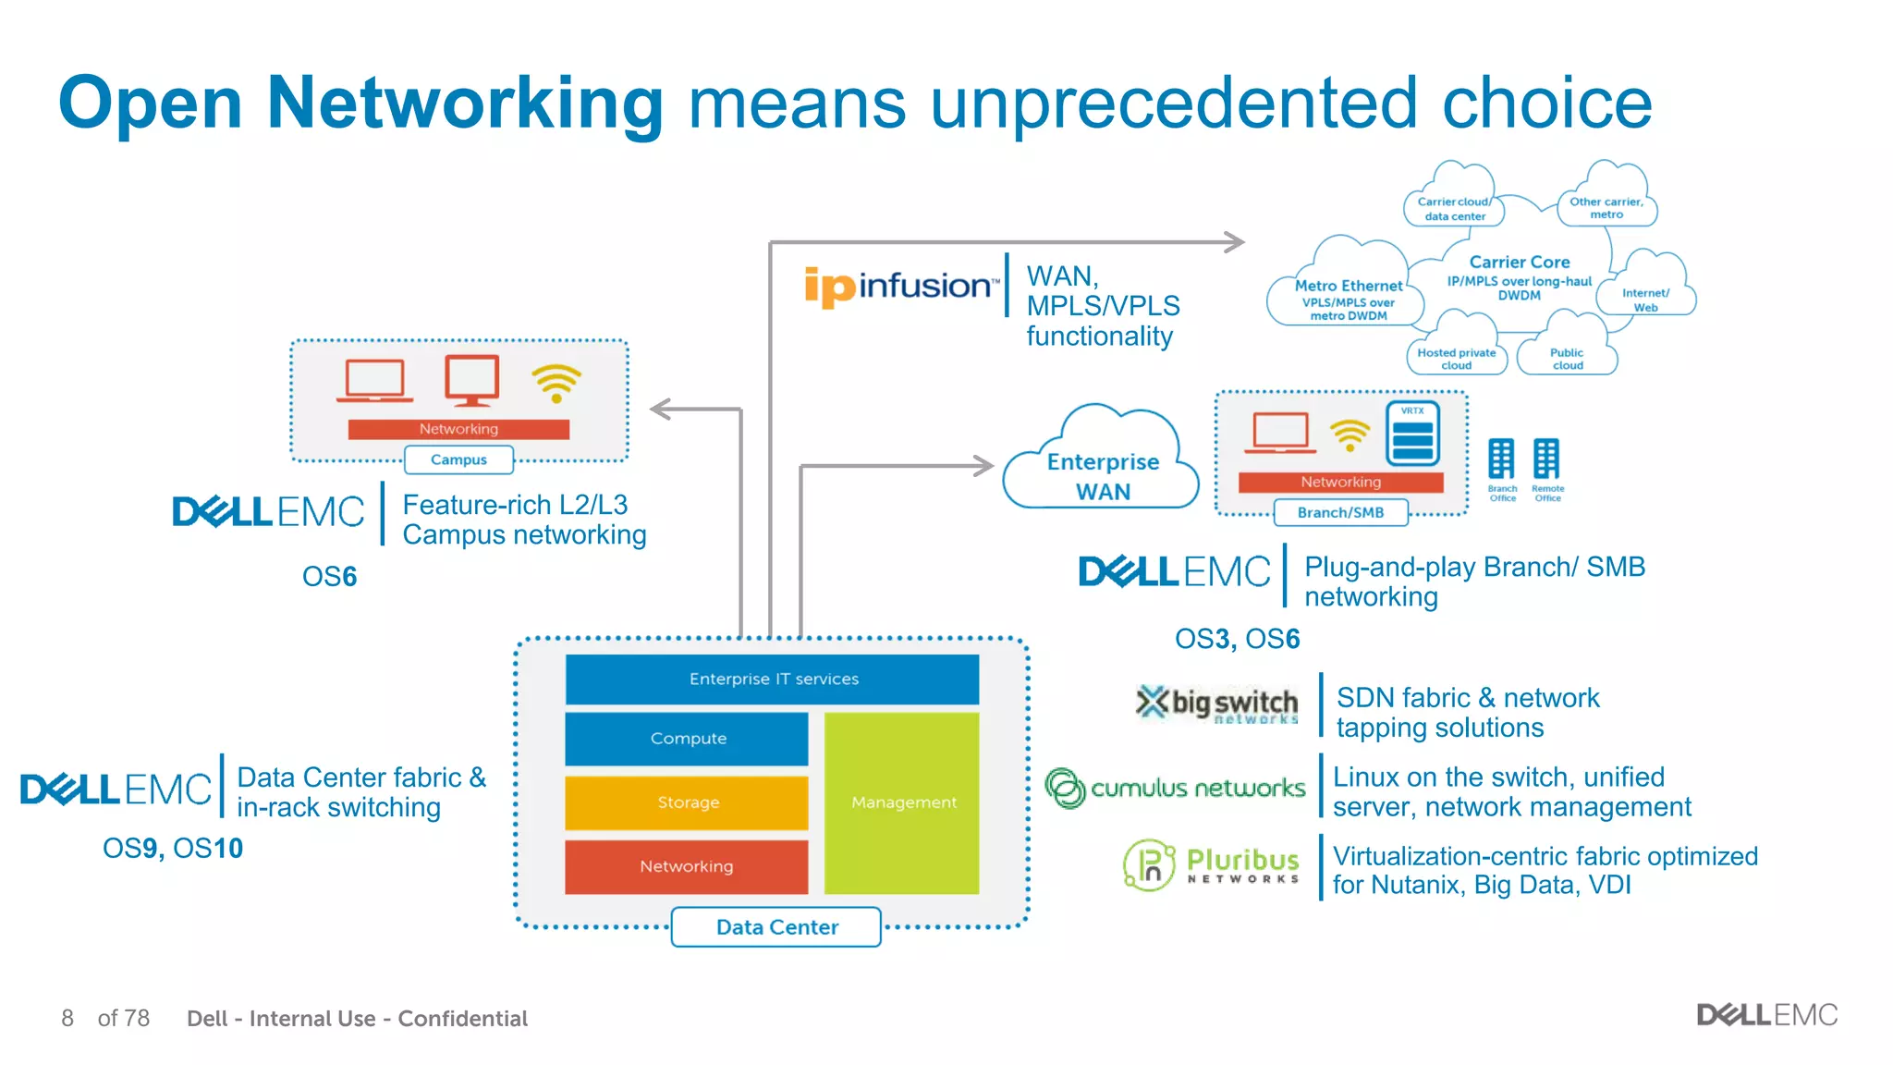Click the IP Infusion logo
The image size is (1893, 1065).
pos(901,286)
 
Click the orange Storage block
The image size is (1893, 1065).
pos(687,802)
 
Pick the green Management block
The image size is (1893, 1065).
pos(902,802)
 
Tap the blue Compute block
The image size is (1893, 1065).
pos(687,739)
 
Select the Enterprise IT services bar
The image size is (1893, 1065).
pos(773,679)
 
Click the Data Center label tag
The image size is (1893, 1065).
pos(776,927)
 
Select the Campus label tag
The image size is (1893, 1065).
pos(458,459)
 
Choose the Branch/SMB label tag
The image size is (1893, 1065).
pos(1340,512)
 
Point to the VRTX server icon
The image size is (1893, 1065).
pos(1412,435)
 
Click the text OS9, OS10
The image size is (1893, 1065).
pos(173,848)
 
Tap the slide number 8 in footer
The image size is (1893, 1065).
pos(67,1018)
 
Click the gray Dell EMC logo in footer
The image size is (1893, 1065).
pos(1766,1015)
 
